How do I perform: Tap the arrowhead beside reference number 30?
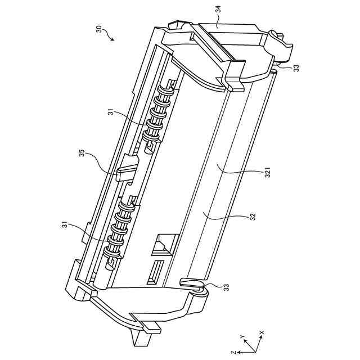coord(112,39)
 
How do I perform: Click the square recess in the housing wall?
coord(164,243)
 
